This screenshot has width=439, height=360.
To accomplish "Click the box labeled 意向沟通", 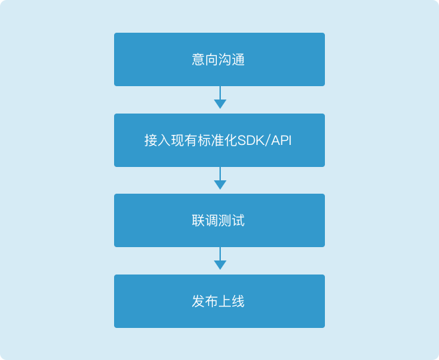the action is (x=220, y=59).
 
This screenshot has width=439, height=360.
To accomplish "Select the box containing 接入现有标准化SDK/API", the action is (x=220, y=140).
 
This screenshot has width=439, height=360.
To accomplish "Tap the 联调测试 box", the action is (x=220, y=220).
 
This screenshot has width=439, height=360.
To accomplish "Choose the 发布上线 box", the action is (x=220, y=301).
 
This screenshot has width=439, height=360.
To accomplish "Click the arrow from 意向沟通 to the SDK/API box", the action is (x=220, y=98).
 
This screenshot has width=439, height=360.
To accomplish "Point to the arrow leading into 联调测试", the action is (x=220, y=178).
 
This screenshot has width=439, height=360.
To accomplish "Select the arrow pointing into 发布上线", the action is (x=220, y=258).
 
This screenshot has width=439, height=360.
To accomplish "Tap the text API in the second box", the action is (x=281, y=140).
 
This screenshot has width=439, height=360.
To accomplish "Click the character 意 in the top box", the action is (x=198, y=59).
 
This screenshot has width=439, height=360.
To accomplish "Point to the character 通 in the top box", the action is (x=238, y=59).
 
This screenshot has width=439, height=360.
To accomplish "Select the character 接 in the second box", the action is (x=151, y=140).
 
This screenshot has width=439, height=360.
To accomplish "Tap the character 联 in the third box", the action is (x=198, y=220).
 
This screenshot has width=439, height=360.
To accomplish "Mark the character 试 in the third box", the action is (x=238, y=220).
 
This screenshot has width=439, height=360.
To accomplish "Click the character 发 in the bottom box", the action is (x=198, y=301).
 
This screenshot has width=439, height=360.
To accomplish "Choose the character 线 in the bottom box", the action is (x=238, y=301).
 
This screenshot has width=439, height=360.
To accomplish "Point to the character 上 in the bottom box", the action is (x=225, y=301).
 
